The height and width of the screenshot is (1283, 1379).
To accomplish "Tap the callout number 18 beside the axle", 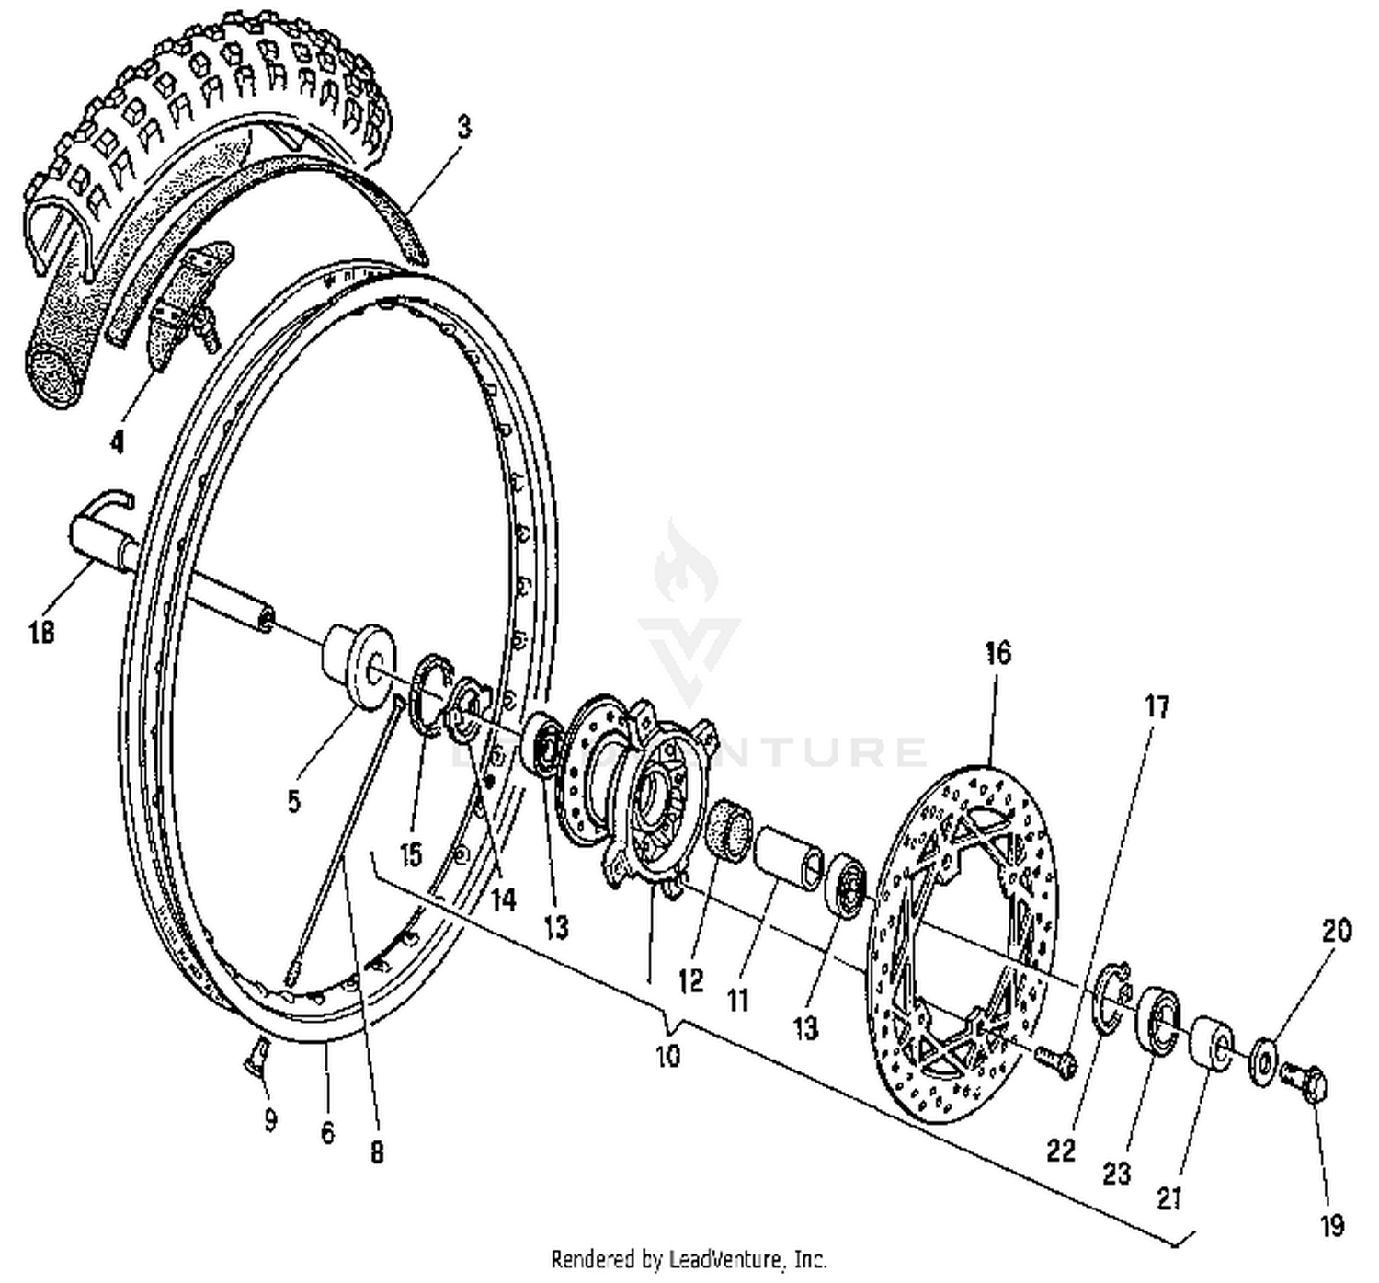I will (41, 632).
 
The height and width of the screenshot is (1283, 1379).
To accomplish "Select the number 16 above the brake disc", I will (997, 652).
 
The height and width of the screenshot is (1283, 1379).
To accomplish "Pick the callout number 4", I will (117, 442).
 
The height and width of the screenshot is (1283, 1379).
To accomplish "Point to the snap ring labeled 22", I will (1111, 995).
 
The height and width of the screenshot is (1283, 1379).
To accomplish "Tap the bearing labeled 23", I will (1160, 1017).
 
